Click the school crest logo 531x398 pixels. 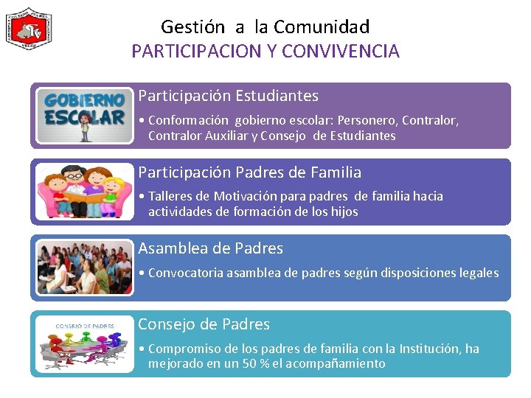click(29, 28)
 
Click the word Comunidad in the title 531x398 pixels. click(321, 27)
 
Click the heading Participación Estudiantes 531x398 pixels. click(229, 96)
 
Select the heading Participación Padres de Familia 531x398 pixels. click(250, 172)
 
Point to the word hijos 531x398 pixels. click(342, 212)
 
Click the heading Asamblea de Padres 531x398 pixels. click(211, 248)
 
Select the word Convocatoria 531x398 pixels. click(185, 273)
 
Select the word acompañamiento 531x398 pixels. click(336, 363)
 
